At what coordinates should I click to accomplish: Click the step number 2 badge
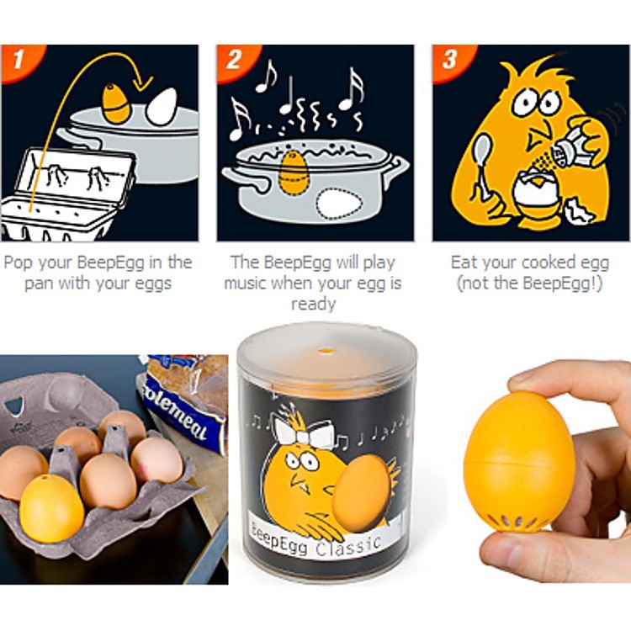231,61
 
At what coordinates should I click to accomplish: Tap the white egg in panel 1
162,105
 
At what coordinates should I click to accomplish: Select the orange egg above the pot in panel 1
116,103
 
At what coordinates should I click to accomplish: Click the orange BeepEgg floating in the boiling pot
294,173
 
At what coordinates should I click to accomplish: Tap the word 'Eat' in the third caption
465,262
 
